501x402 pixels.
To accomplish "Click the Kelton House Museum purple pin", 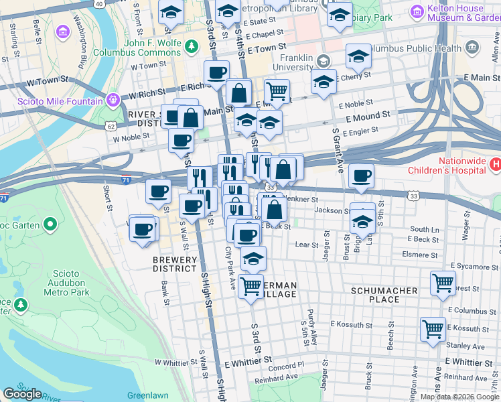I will click(417, 11).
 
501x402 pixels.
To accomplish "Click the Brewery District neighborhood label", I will click(174, 264).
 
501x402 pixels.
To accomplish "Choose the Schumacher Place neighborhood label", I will click(384, 295).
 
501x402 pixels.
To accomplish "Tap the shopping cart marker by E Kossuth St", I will click(433, 328).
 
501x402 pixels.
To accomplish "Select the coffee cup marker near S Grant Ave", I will click(361, 176).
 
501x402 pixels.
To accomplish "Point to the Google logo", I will click(22, 394).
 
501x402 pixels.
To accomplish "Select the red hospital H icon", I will click(495, 163).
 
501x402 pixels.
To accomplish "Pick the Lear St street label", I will click(308, 245).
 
